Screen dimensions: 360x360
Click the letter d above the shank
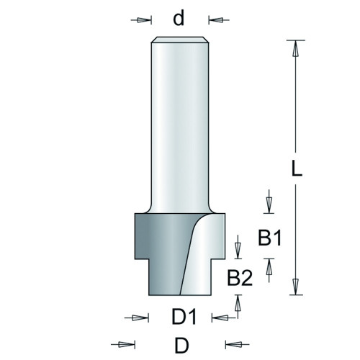coord(179,19)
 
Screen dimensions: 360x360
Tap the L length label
coord(297,168)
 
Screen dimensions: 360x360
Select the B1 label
coord(269,238)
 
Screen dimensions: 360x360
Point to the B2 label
coord(240,278)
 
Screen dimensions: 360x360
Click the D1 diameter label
coord(184,317)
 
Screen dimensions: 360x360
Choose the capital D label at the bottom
coord(181,346)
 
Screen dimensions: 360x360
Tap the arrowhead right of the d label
coord(216,20)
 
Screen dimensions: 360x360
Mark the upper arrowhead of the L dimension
coord(296,48)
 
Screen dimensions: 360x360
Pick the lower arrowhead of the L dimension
coord(296,287)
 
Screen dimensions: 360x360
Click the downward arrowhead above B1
coord(269,206)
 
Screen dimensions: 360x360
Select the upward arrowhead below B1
coord(269,266)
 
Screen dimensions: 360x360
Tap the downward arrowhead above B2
coord(238,251)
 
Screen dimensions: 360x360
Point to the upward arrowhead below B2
coord(238,302)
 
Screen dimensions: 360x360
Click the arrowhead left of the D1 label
coord(141,318)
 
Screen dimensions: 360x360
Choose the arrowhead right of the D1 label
coord(220,318)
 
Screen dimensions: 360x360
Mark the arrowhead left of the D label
coord(127,345)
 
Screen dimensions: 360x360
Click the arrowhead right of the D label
coord(233,345)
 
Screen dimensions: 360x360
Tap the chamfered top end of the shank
coord(180,40)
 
